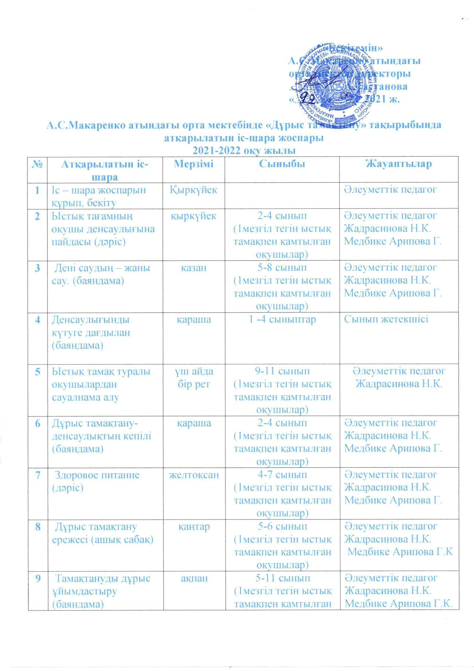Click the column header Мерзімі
point(194,164)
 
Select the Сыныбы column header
point(282,164)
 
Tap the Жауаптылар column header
point(399,164)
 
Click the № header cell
point(37,164)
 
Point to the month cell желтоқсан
point(194,475)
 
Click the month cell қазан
point(194,268)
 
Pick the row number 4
point(37,319)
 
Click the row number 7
point(37,475)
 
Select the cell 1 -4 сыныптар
point(282,319)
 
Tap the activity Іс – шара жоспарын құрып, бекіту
point(99,196)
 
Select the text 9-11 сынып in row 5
point(282,371)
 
